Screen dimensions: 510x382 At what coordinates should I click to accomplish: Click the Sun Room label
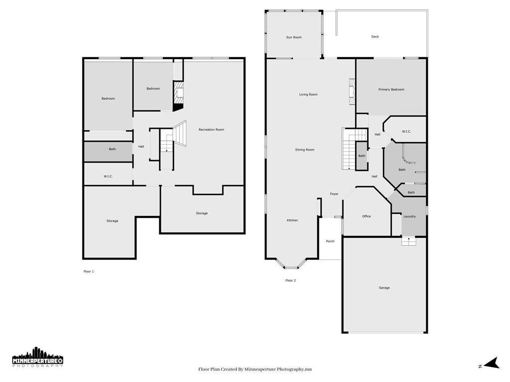pyautogui.click(x=294, y=37)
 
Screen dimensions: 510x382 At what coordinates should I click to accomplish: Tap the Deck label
pyautogui.click(x=375, y=37)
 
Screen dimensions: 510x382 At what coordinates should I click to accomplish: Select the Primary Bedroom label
pyautogui.click(x=391, y=90)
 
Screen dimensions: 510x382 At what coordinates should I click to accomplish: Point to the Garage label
pyautogui.click(x=384, y=288)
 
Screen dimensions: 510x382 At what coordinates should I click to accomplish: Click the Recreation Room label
pyautogui.click(x=211, y=130)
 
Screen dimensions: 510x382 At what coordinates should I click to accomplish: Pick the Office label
pyautogui.click(x=367, y=216)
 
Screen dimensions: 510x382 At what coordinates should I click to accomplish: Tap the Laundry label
pyautogui.click(x=409, y=216)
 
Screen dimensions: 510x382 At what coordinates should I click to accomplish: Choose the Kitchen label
pyautogui.click(x=292, y=220)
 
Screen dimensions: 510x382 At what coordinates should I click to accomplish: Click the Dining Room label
pyautogui.click(x=305, y=150)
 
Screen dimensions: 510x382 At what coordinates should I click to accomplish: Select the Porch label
pyautogui.click(x=330, y=241)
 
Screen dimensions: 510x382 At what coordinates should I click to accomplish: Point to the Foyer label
pyautogui.click(x=334, y=194)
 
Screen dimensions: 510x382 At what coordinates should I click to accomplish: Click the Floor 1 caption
pyautogui.click(x=89, y=272)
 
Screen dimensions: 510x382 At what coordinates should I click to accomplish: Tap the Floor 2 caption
pyautogui.click(x=290, y=281)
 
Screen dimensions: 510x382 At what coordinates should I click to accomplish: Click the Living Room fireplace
pyautogui.click(x=352, y=92)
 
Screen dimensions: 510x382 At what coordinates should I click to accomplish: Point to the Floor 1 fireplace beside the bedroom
pyautogui.click(x=178, y=96)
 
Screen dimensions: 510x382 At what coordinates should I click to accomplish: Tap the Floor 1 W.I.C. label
pyautogui.click(x=108, y=177)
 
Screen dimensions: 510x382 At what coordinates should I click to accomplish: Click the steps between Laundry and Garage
pyautogui.click(x=409, y=241)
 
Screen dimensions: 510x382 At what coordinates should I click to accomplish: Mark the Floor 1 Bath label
pyautogui.click(x=112, y=149)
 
